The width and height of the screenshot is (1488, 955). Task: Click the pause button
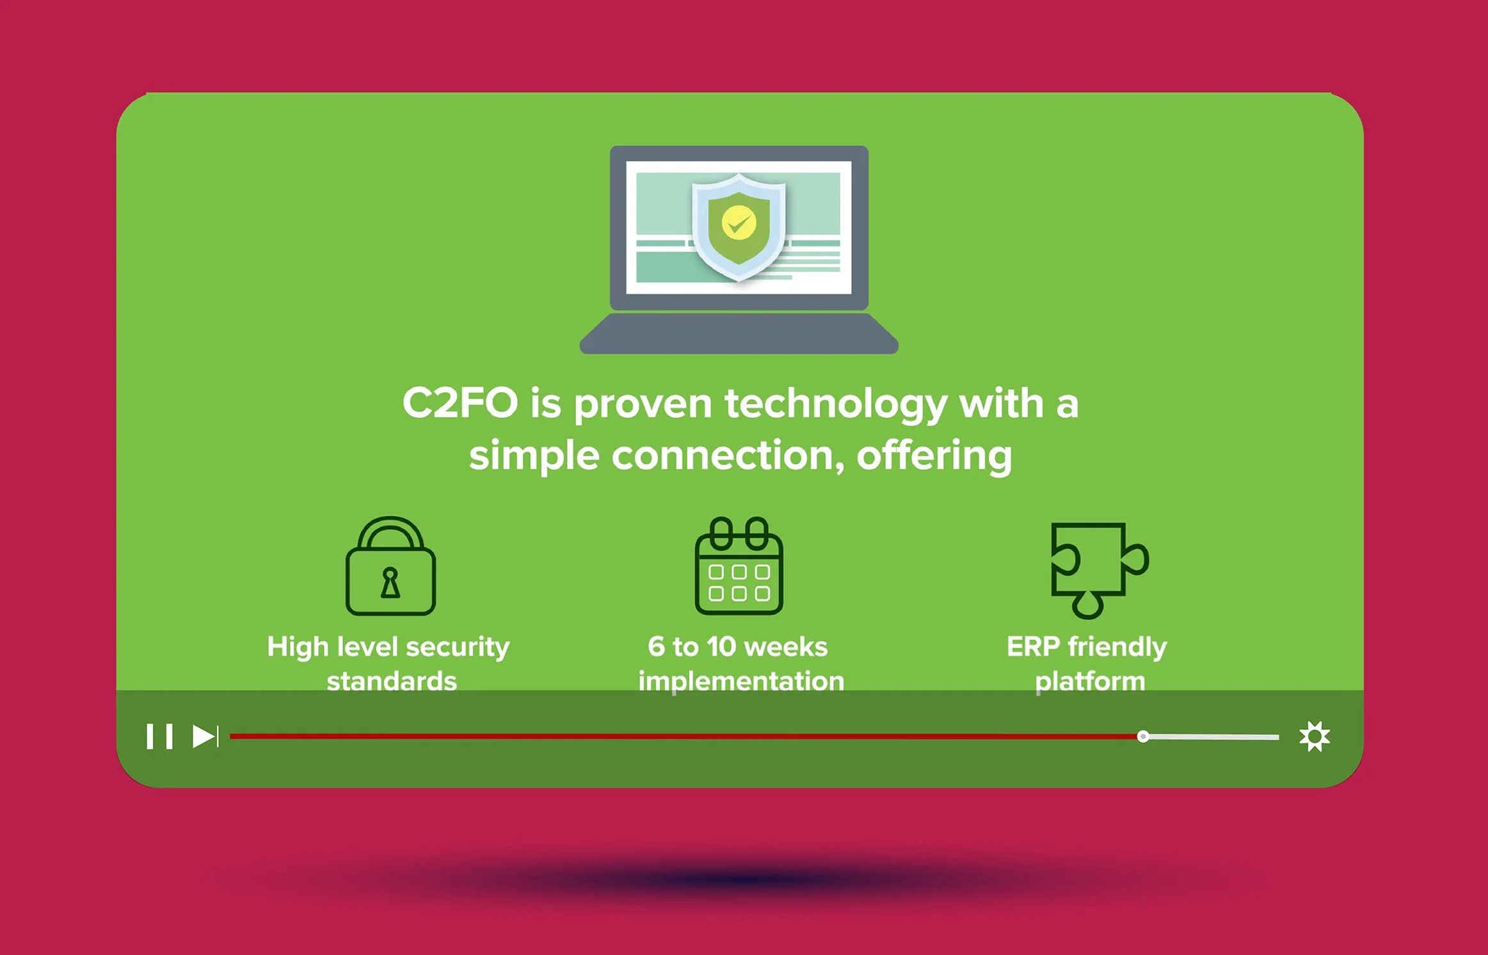click(159, 736)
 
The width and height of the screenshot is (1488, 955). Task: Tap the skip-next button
click(205, 736)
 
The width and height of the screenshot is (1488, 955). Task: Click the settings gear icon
click(1315, 736)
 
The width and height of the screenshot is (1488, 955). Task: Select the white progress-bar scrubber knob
click(1143, 737)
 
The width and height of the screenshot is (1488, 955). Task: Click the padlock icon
click(391, 566)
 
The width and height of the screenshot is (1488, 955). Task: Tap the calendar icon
click(739, 566)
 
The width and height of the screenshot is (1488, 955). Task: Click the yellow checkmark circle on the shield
click(739, 223)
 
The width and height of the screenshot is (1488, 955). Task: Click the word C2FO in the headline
click(460, 404)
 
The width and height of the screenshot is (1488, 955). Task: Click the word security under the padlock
click(458, 647)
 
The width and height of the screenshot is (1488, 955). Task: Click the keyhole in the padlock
click(390, 583)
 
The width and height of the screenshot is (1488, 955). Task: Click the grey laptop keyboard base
click(739, 333)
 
